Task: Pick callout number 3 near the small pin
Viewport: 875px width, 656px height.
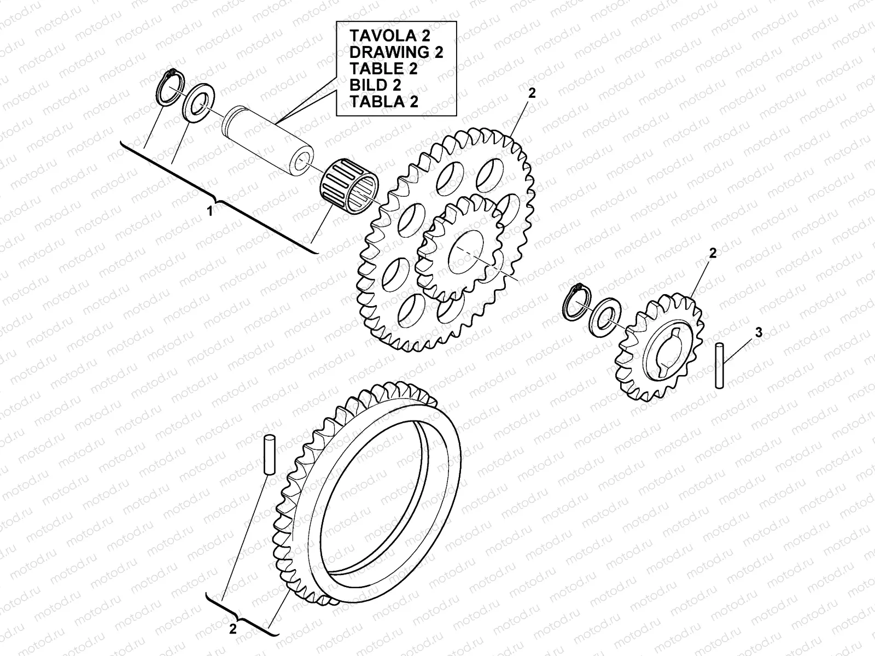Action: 758,332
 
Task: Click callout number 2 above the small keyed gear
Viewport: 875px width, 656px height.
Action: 712,253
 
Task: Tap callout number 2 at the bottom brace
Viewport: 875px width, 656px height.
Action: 233,629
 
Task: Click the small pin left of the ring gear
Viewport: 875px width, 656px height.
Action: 269,454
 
